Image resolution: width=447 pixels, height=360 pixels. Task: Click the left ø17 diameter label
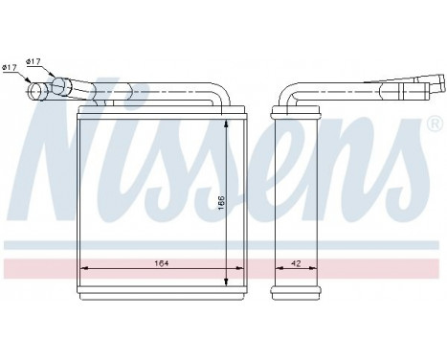pos(10,67)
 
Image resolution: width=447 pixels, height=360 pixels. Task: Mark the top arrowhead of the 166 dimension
pos(226,121)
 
